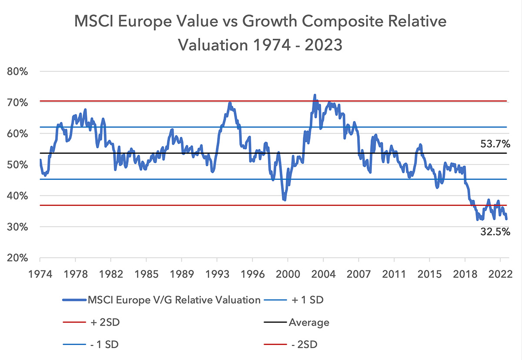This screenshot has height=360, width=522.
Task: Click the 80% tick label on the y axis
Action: tap(17, 71)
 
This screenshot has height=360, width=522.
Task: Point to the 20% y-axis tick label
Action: tap(17, 258)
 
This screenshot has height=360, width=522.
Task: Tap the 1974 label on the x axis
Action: tap(40, 274)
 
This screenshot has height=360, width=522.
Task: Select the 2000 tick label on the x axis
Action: tap(288, 274)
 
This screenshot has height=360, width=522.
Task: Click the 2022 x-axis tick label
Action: tap(500, 274)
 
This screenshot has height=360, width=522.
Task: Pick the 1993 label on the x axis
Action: tap(217, 274)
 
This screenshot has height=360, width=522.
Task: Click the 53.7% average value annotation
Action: tap(495, 144)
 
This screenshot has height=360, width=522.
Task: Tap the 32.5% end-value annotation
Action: tap(495, 232)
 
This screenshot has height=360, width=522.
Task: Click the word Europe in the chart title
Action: tap(145, 22)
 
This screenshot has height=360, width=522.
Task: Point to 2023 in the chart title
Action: tap(324, 45)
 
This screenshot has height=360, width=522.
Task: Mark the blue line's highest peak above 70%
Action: tap(315, 95)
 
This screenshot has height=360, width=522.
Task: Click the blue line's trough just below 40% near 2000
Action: tap(284, 200)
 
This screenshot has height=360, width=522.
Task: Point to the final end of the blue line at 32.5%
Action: tap(506, 219)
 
